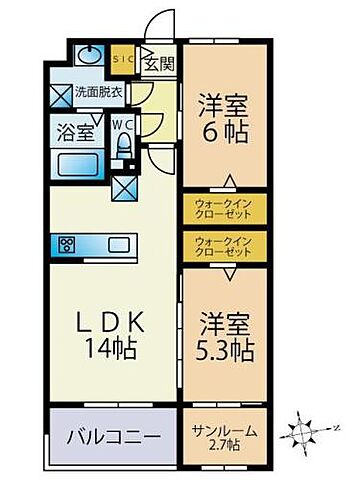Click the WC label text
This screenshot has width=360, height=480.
123,125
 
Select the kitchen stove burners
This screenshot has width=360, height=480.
68,245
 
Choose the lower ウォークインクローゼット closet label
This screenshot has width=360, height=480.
224,245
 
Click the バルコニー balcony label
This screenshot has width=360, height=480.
111,436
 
